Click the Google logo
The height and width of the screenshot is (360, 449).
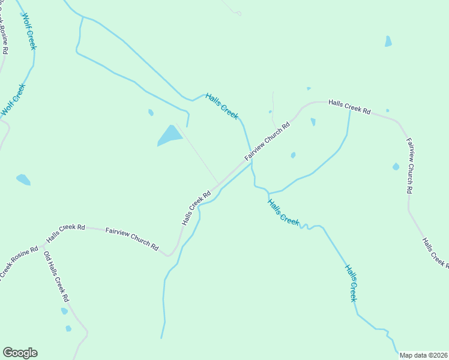20,353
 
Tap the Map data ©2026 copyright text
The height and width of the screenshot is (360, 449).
424,355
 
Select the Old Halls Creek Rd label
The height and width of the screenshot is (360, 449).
56,277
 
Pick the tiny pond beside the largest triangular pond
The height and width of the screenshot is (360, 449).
151,112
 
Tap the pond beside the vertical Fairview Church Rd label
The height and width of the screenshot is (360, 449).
396,166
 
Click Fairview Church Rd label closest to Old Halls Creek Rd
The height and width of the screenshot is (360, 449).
132,239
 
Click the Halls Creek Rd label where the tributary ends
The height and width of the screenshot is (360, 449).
350,107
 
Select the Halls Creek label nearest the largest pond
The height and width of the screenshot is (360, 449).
221,106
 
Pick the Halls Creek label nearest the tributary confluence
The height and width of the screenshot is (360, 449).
283,211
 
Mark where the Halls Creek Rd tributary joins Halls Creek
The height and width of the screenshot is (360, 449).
268,193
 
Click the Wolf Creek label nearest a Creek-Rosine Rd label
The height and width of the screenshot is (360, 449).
14,100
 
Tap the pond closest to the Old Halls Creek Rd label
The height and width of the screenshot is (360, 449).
64,311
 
